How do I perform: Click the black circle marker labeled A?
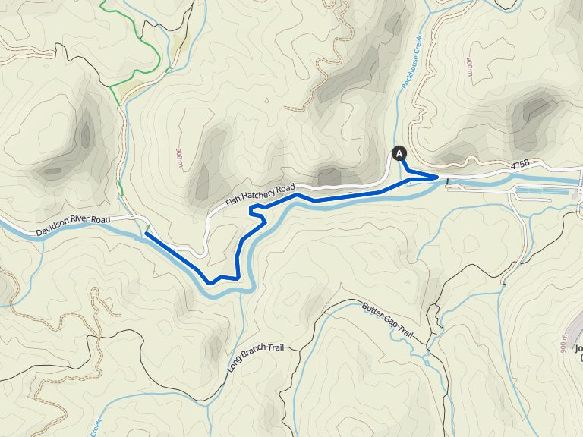(398, 153)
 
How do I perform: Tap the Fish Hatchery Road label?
(260, 196)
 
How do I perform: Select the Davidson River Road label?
(73, 225)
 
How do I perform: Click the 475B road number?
(520, 165)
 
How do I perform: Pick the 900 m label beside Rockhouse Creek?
(470, 68)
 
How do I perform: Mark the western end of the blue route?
(145, 234)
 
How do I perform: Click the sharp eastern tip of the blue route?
(438, 177)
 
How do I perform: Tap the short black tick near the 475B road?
(448, 181)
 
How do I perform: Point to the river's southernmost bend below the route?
(228, 290)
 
